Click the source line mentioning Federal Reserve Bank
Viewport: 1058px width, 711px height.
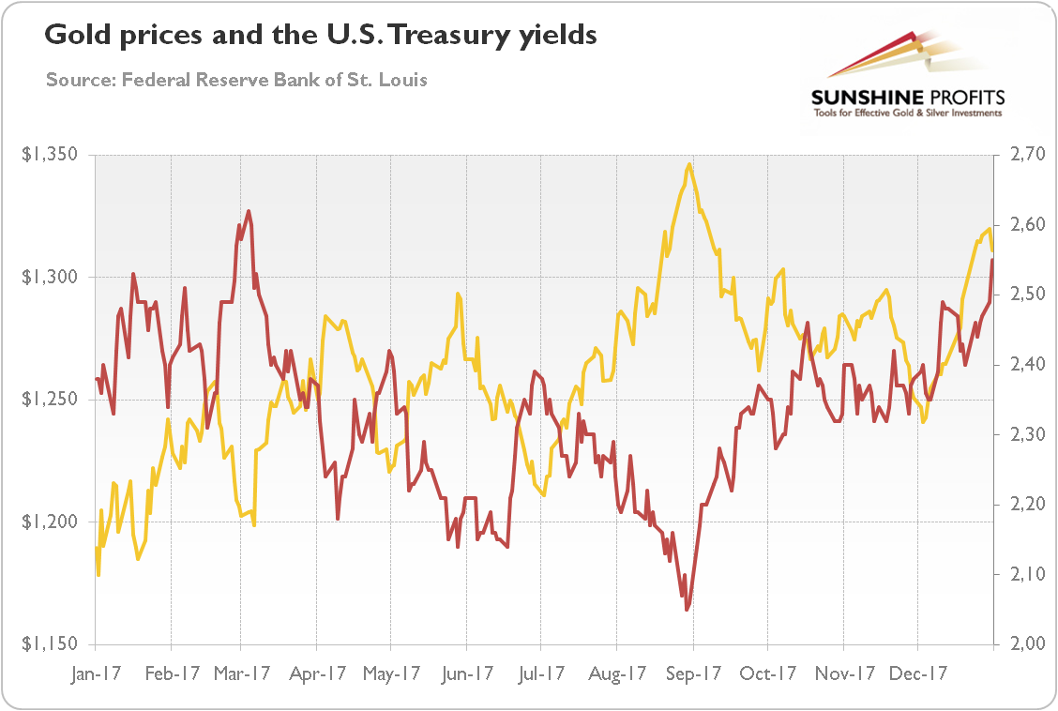click(x=236, y=80)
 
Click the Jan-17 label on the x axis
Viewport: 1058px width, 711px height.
click(x=95, y=673)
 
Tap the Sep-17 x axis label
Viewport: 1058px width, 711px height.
click(x=693, y=673)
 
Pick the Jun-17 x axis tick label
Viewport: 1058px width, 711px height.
click(x=466, y=673)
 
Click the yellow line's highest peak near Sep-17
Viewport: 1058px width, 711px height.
click(x=689, y=164)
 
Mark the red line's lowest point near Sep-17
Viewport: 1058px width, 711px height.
click(x=687, y=610)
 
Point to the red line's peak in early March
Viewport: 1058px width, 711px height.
click(x=249, y=211)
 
